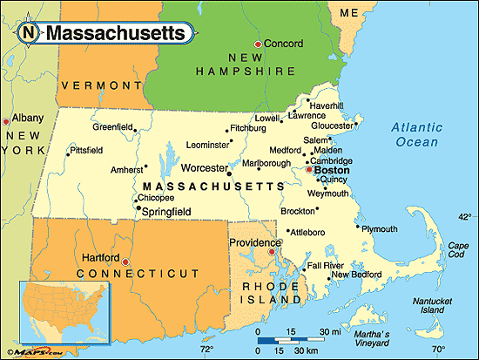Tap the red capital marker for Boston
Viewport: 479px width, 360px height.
coord(307,170)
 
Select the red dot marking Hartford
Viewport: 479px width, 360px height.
coord(125,261)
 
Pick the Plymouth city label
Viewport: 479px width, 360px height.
coord(378,228)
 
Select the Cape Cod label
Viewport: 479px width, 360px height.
coord(458,249)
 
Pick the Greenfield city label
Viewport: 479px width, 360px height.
coord(112,126)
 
